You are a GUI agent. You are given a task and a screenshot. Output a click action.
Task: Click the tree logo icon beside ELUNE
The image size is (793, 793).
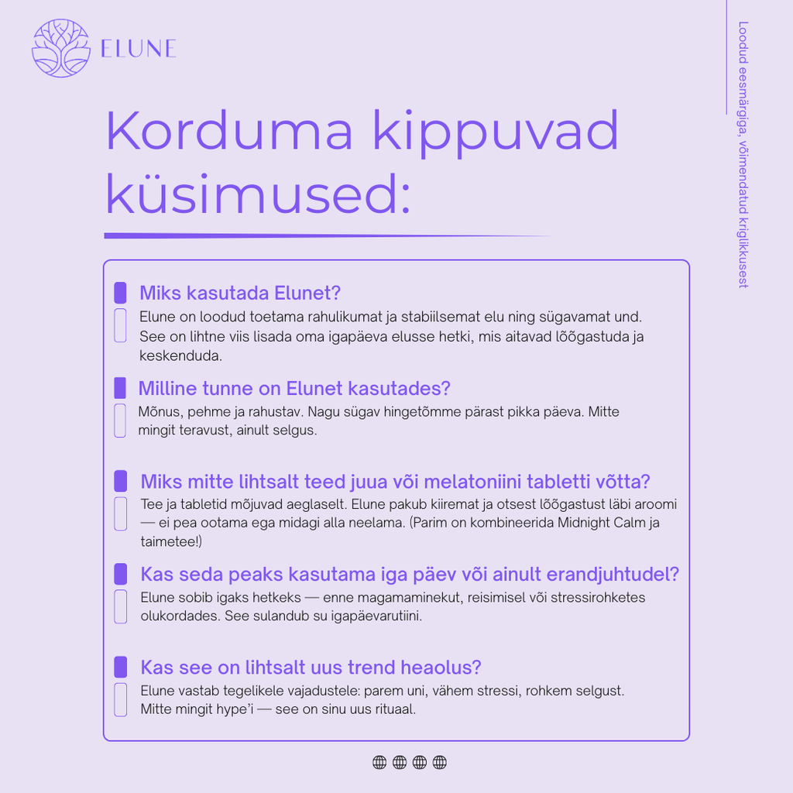(x=61, y=49)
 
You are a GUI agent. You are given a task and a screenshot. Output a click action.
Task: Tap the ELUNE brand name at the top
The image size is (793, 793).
(x=139, y=49)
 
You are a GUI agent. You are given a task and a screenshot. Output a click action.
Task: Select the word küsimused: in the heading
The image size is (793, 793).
(x=257, y=195)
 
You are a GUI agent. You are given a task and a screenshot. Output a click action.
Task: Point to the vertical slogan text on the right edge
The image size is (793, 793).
(x=743, y=155)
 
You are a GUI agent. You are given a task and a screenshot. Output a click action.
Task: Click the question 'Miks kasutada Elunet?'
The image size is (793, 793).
(x=240, y=294)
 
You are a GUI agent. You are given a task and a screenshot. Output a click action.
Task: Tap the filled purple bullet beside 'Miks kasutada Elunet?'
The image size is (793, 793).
(x=120, y=293)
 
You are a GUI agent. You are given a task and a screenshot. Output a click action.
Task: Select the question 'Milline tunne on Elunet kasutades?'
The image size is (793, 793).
(x=294, y=388)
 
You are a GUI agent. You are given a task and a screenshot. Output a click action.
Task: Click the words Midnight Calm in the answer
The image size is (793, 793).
(x=603, y=523)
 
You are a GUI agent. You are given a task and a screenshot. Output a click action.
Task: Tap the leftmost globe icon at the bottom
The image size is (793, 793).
(x=379, y=763)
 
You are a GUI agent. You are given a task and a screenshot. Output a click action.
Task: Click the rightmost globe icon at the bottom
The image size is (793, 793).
(x=440, y=763)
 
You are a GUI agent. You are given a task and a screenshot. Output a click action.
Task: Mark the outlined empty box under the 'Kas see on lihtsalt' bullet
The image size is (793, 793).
(x=120, y=699)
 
